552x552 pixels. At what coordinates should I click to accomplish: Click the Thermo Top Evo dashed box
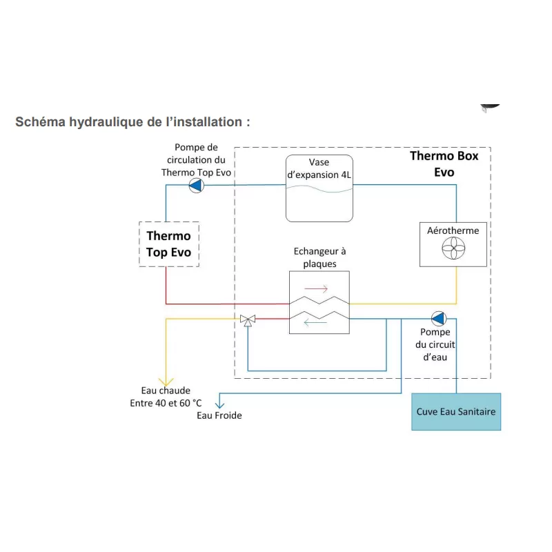click(169, 244)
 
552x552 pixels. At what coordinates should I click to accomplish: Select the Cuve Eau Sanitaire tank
click(455, 412)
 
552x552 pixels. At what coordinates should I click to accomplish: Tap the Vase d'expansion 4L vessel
click(319, 188)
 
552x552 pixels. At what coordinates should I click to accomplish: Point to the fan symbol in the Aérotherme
click(455, 248)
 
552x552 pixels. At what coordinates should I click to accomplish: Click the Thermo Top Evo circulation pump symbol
click(197, 185)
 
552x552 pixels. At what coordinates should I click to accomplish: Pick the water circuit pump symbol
click(438, 319)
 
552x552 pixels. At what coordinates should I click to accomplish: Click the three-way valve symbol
click(247, 319)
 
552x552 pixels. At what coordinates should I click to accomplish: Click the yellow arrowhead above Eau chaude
click(165, 381)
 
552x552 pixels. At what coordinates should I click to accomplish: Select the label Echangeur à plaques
click(319, 257)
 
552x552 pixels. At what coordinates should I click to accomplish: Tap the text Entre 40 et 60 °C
click(166, 403)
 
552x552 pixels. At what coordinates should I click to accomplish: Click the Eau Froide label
click(219, 415)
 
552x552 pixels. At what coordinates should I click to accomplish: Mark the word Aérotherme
click(454, 230)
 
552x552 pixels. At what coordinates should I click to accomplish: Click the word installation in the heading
click(202, 122)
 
